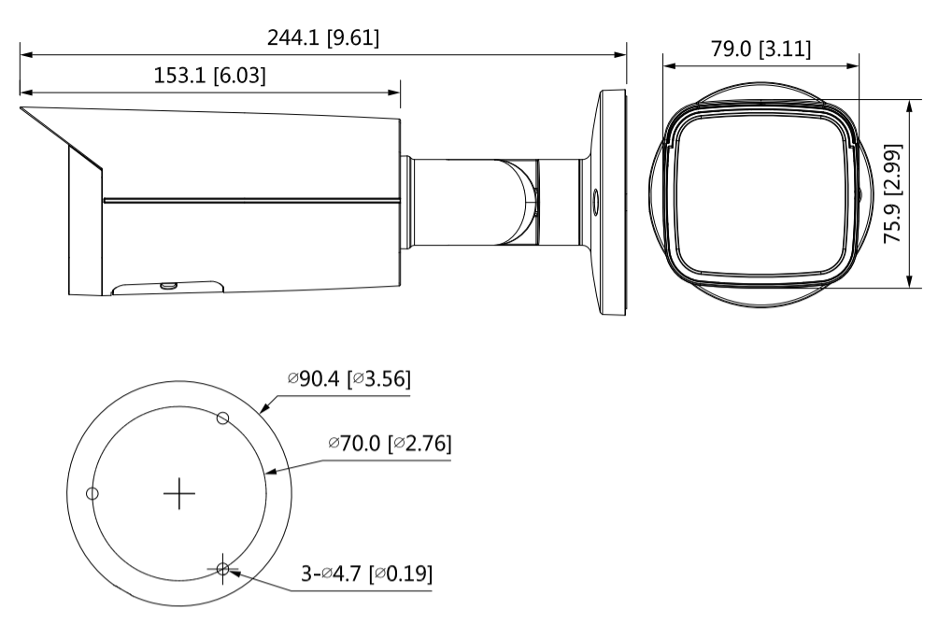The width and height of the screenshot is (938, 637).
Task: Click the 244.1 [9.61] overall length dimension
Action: (x=323, y=37)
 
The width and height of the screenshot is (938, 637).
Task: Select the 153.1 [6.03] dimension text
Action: (x=210, y=76)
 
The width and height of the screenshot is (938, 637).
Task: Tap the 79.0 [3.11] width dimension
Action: (x=760, y=49)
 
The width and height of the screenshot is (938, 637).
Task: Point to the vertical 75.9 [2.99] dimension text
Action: (x=892, y=193)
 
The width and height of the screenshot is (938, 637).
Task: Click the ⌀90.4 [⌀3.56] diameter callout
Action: (x=349, y=378)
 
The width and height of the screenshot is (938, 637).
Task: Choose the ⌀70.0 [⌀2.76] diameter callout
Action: (x=390, y=444)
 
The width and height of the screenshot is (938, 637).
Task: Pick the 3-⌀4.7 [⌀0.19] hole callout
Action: (x=366, y=573)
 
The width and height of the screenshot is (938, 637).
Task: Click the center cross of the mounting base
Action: (x=178, y=493)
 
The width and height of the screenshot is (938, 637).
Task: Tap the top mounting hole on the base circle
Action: (x=222, y=418)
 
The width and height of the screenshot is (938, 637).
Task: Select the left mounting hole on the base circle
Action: (x=92, y=493)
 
